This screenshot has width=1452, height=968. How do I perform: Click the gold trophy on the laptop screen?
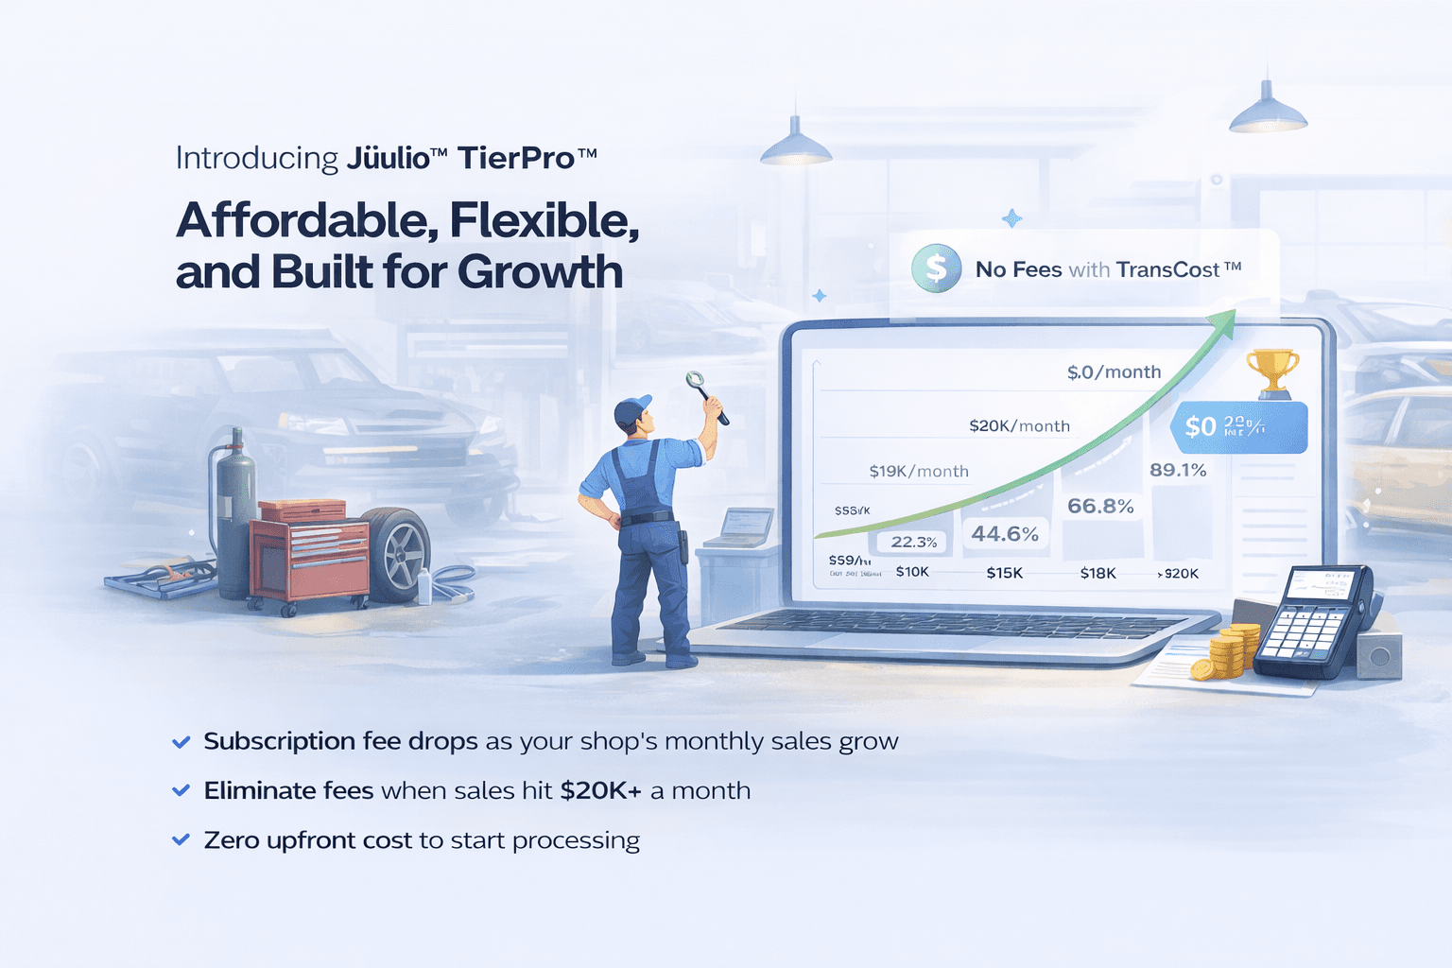coord(1272,372)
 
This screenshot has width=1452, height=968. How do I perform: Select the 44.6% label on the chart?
coord(1005,534)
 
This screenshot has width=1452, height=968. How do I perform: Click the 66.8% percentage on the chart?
coord(1100,506)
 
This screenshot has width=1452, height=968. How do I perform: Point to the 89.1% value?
coord(1178,470)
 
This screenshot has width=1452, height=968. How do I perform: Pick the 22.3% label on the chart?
coord(913,542)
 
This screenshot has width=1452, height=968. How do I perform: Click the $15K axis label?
coord(1004,573)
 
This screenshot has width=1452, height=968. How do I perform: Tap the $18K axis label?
coord(1098,573)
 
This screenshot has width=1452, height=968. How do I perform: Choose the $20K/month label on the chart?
coord(1019,425)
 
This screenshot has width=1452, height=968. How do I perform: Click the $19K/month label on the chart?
coord(919,471)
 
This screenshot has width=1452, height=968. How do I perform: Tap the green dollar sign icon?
coord(936,268)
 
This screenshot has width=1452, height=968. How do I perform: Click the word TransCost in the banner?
coord(1167,269)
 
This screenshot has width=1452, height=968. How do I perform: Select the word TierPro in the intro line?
coord(516,157)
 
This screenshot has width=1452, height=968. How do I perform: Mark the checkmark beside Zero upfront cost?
coord(181,839)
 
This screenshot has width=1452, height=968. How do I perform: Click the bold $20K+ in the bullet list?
coord(600,790)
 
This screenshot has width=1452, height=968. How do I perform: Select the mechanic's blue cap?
coord(631,408)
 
